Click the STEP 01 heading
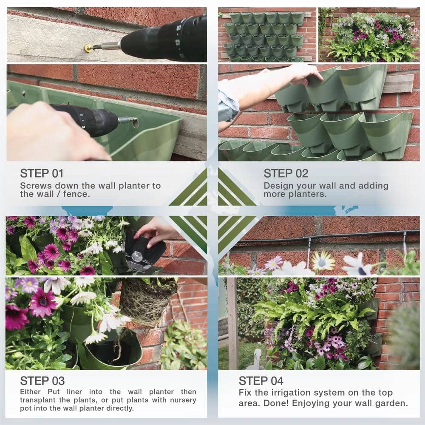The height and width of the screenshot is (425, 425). pyautogui.click(x=42, y=173)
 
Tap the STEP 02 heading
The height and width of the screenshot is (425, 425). pyautogui.click(x=286, y=173)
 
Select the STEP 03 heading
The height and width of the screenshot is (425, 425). pyautogui.click(x=42, y=381)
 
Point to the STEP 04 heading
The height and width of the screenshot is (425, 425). pyautogui.click(x=261, y=381)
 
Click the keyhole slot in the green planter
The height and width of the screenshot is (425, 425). pyautogui.click(x=135, y=123)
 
